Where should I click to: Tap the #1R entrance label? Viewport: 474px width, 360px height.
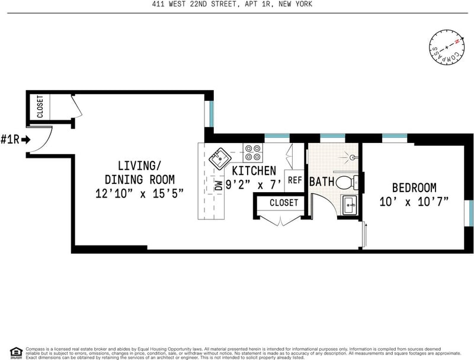14,140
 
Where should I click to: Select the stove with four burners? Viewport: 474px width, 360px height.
254,153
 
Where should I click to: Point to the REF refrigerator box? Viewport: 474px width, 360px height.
294,179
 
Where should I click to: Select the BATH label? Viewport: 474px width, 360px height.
322,181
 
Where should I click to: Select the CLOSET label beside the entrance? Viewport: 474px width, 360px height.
40,107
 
